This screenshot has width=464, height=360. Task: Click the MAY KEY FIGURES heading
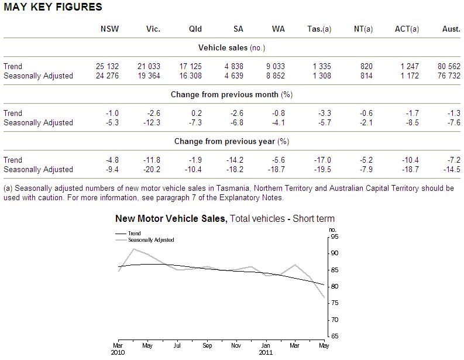(x=53, y=7)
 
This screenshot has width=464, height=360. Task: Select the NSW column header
(x=109, y=29)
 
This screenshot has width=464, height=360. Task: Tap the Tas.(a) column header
(x=319, y=29)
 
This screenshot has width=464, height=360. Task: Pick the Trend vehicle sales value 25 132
(x=107, y=67)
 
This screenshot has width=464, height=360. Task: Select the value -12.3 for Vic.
(x=152, y=122)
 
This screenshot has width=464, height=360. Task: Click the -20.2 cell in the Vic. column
(x=152, y=169)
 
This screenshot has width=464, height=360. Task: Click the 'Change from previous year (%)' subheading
(x=231, y=142)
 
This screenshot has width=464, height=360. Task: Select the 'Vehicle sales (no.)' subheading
(x=231, y=48)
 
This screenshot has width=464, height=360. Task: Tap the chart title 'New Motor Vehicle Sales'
(x=170, y=218)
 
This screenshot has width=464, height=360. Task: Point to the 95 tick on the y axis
(x=334, y=236)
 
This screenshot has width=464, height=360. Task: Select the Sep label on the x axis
(x=207, y=345)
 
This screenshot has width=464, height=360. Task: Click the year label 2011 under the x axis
(x=266, y=352)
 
